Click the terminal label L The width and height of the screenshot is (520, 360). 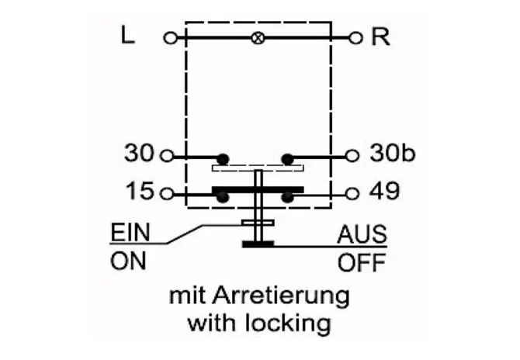128,35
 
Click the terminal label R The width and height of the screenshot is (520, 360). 380,36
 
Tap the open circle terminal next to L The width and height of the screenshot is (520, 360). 171,39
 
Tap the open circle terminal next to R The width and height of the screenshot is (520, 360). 355,38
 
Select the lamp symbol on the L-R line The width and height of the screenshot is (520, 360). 258,38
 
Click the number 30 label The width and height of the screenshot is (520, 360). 139,153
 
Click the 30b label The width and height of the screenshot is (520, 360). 392,153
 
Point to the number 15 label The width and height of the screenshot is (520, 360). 140,191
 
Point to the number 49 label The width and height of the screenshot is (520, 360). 384,191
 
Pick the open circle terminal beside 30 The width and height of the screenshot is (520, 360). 167,155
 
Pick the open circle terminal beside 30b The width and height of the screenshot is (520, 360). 352,155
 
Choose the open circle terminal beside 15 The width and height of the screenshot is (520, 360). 167,194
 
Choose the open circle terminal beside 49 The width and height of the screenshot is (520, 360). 352,194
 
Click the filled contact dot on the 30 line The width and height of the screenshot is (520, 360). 223,159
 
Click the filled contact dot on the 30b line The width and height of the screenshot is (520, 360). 287,159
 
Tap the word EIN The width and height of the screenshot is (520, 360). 130,233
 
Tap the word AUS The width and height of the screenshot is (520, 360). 362,234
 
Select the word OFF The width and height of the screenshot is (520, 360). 362,262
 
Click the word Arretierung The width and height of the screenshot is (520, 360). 281,296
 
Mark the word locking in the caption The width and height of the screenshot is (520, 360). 288,322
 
